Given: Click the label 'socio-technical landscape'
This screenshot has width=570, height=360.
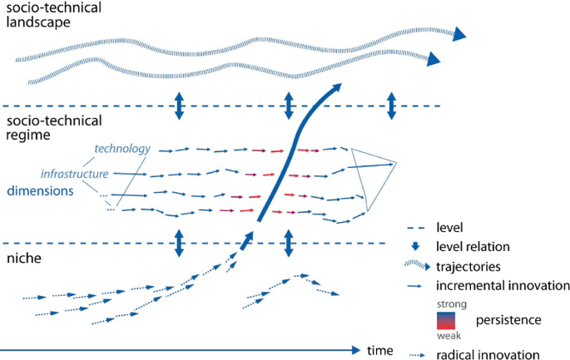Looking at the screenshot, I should [x=54, y=15].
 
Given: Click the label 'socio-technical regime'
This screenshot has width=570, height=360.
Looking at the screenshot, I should [x=54, y=127].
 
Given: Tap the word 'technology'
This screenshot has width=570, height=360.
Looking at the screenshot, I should [x=121, y=149].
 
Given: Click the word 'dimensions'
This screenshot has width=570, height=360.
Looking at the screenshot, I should [x=42, y=190].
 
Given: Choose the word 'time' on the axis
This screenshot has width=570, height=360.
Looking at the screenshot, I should [x=380, y=351].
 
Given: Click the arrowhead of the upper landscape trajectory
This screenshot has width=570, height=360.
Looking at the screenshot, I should [x=458, y=35].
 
